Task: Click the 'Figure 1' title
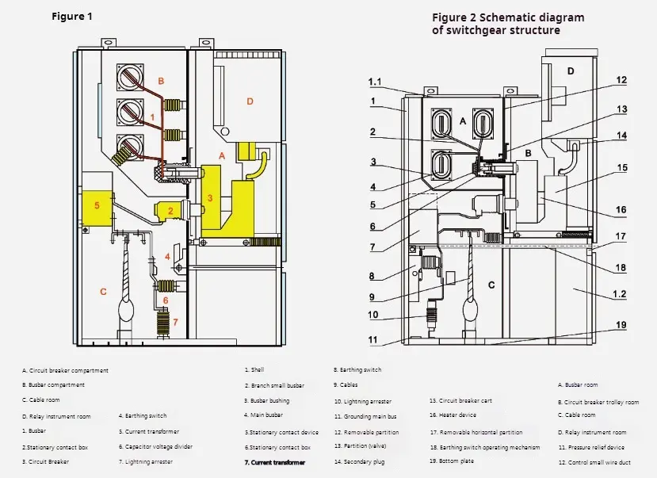(x=72, y=17)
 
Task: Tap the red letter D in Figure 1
(x=250, y=101)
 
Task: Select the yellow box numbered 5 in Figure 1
(x=97, y=207)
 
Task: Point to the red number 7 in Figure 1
(x=176, y=321)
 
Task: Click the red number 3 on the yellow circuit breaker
(x=209, y=197)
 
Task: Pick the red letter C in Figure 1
(x=103, y=292)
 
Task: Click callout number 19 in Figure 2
(x=621, y=325)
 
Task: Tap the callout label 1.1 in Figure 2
(x=376, y=82)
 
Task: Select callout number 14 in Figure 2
(x=621, y=136)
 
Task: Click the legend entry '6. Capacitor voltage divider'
(x=155, y=446)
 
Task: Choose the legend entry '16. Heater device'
(x=453, y=415)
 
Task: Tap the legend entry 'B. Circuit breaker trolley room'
(x=598, y=402)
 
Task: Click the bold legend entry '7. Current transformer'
(x=274, y=462)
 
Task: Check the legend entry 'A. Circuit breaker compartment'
(x=66, y=370)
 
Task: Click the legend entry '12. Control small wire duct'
(x=594, y=462)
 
